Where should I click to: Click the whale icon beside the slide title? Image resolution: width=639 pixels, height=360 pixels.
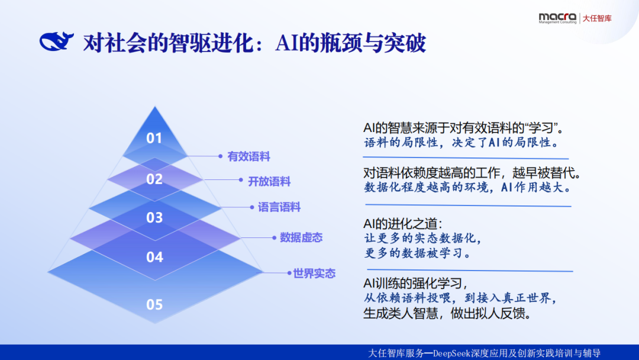pos(56,42)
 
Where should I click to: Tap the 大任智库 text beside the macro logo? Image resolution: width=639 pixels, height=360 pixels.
pos(597,18)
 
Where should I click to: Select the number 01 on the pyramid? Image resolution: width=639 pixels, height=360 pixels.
pos(154,138)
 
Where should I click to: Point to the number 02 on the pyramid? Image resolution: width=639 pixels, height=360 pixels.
pos(154,179)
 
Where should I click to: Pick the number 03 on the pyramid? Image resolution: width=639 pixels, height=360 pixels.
pos(154,217)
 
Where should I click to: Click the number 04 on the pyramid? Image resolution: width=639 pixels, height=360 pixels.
pos(154,257)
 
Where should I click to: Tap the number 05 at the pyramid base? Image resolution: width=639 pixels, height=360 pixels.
pos(154,304)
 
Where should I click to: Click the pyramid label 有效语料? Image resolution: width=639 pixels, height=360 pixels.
pos(248,157)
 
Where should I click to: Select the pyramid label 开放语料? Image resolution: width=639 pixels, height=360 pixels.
pos(269,181)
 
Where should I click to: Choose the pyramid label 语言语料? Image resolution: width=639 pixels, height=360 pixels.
pos(279,207)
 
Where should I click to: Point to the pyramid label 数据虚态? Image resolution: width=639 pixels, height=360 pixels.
pos(301,237)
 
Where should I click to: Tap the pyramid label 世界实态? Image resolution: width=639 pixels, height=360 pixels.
pos(314,273)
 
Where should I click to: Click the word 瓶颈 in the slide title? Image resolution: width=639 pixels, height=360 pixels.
pos(341,43)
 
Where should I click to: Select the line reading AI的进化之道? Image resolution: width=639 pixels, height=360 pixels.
pos(402,224)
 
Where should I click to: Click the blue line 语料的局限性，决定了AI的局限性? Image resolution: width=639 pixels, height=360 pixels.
pos(461,143)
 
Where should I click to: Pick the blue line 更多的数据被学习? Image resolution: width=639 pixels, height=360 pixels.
pos(417,253)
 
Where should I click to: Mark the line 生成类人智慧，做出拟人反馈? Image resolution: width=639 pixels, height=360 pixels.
pos(446,313)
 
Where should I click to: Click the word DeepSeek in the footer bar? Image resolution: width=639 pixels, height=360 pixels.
pos(453,353)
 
